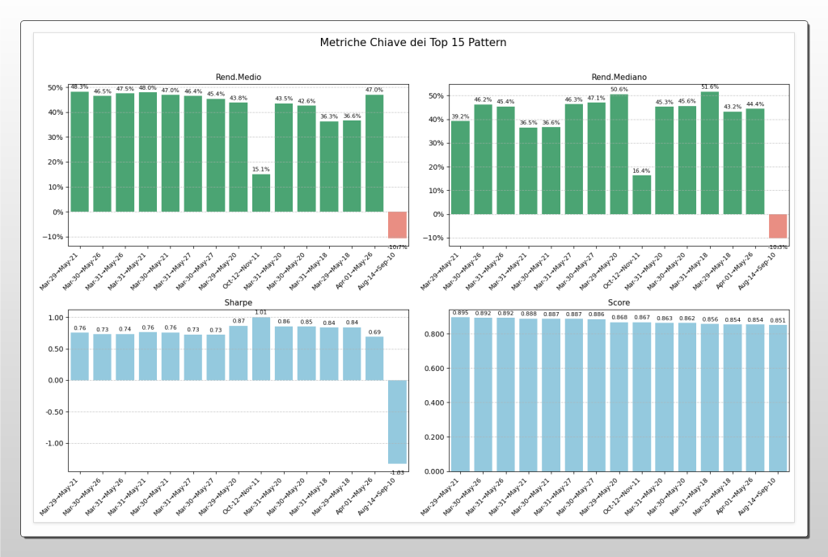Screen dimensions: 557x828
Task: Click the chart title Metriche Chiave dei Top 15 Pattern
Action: point(413,42)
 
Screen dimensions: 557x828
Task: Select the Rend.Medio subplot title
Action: point(238,77)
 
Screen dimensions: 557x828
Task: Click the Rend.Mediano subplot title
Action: point(619,77)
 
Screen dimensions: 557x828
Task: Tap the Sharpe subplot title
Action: point(238,302)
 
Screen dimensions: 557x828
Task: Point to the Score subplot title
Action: point(619,302)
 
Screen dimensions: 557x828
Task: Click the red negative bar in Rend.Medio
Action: point(397,225)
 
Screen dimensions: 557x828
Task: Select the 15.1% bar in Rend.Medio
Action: point(261,193)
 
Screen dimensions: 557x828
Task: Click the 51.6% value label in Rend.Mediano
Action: point(709,87)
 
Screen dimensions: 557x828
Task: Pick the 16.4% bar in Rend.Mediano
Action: point(641,195)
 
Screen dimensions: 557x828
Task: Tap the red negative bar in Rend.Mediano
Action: point(777,226)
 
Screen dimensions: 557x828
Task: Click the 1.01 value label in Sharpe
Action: point(261,312)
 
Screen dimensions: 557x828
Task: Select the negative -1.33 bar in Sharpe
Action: point(397,421)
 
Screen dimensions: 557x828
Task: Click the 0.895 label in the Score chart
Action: point(460,312)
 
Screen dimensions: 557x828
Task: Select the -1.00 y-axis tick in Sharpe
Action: point(53,443)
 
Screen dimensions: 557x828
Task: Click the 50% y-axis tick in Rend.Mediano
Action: point(435,95)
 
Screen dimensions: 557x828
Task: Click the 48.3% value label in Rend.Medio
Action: point(79,87)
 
